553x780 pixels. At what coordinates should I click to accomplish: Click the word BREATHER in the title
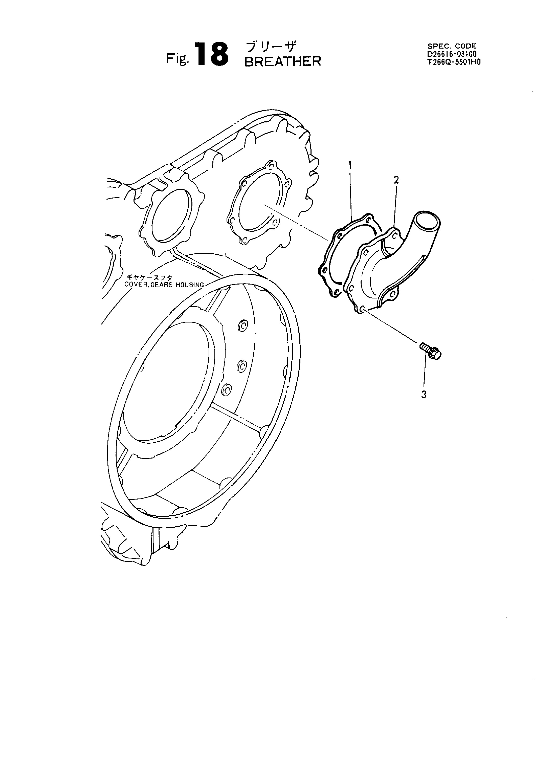tap(283, 61)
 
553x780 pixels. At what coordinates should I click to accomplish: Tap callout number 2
tap(397, 180)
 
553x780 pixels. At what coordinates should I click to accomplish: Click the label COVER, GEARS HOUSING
tap(164, 285)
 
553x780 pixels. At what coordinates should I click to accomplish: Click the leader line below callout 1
tap(350, 194)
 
